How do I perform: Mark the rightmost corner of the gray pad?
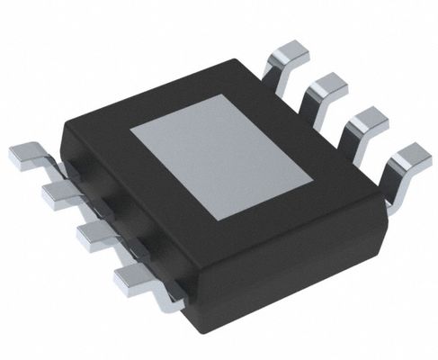point(313,175)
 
